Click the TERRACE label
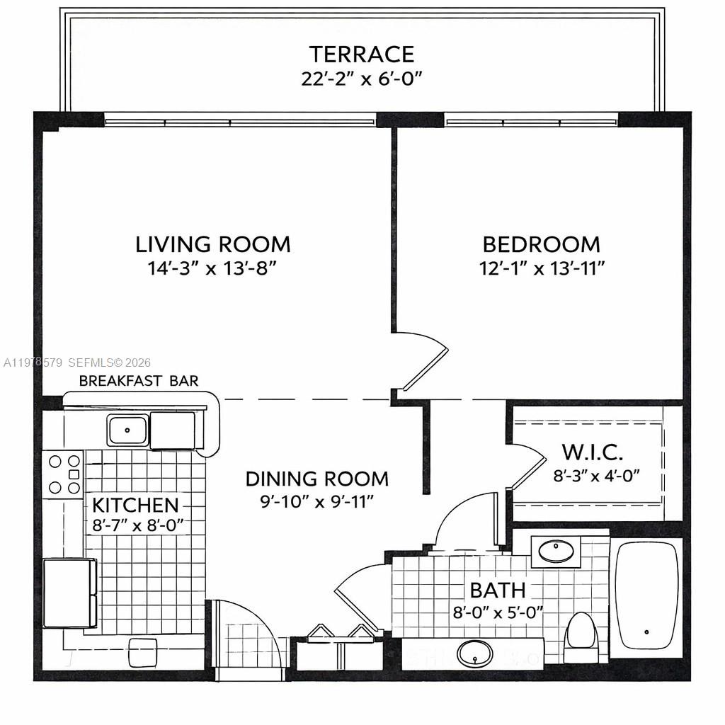click(x=361, y=55)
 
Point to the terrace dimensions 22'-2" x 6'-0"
click(x=361, y=78)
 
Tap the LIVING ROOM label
click(x=213, y=244)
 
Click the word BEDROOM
click(x=541, y=244)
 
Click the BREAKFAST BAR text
click(x=139, y=381)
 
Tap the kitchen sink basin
click(x=127, y=430)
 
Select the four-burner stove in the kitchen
click(x=63, y=474)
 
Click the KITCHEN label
click(x=136, y=505)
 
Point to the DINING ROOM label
click(x=316, y=479)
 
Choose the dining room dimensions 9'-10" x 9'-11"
click(x=316, y=501)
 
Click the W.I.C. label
click(x=592, y=452)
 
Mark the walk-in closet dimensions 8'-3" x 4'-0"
click(x=596, y=474)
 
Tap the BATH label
click(x=498, y=589)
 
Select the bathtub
click(x=646, y=595)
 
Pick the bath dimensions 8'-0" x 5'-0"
click(x=498, y=612)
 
